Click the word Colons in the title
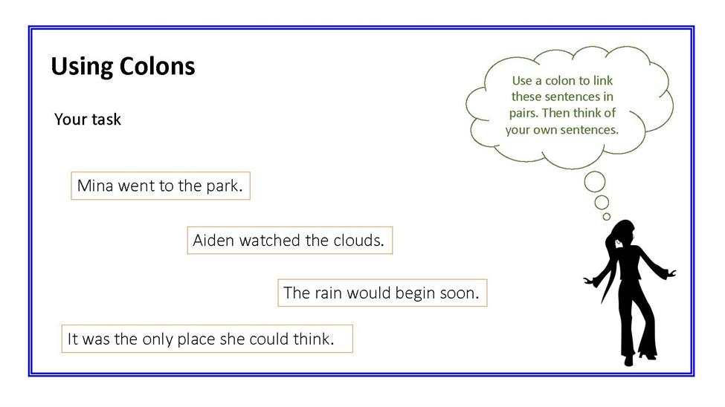point(157,66)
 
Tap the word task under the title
point(106,119)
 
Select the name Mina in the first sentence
point(95,186)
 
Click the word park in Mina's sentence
point(225,186)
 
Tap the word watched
point(270,240)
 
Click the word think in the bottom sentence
point(314,339)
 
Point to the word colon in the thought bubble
point(561,80)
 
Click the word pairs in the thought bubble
point(523,114)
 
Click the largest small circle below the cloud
point(595,181)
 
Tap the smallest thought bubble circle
point(607,217)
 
